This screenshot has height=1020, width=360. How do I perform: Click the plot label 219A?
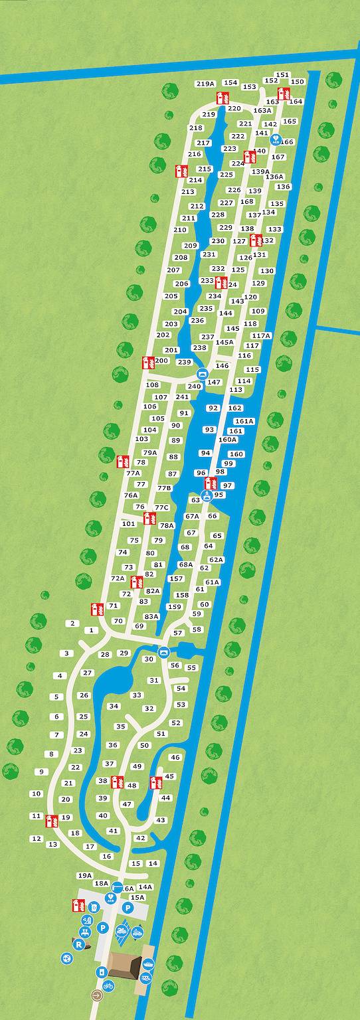point(206,84)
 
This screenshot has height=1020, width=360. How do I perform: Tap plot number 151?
point(282,75)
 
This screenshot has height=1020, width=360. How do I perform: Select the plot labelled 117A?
point(262,335)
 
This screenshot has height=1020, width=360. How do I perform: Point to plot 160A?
point(228,439)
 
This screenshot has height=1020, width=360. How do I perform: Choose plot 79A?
point(150,453)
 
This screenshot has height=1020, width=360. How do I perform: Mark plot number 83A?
point(152,616)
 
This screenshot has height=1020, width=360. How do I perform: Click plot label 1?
point(92,630)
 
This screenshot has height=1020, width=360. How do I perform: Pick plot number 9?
point(41,772)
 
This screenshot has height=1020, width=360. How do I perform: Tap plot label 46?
point(175,757)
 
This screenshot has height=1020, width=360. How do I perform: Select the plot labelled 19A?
point(84,875)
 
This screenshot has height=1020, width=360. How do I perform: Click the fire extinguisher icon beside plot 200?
point(148,363)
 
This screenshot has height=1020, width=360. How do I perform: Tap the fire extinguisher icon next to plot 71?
point(97,608)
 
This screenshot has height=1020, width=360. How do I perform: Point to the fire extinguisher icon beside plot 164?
point(284,94)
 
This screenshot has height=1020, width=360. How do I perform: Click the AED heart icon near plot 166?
point(276,141)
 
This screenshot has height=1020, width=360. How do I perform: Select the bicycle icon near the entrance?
point(108,985)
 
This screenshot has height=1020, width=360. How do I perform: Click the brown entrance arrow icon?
point(98,995)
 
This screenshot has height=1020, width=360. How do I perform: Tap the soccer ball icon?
point(66,958)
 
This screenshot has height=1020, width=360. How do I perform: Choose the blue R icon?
point(78,944)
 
